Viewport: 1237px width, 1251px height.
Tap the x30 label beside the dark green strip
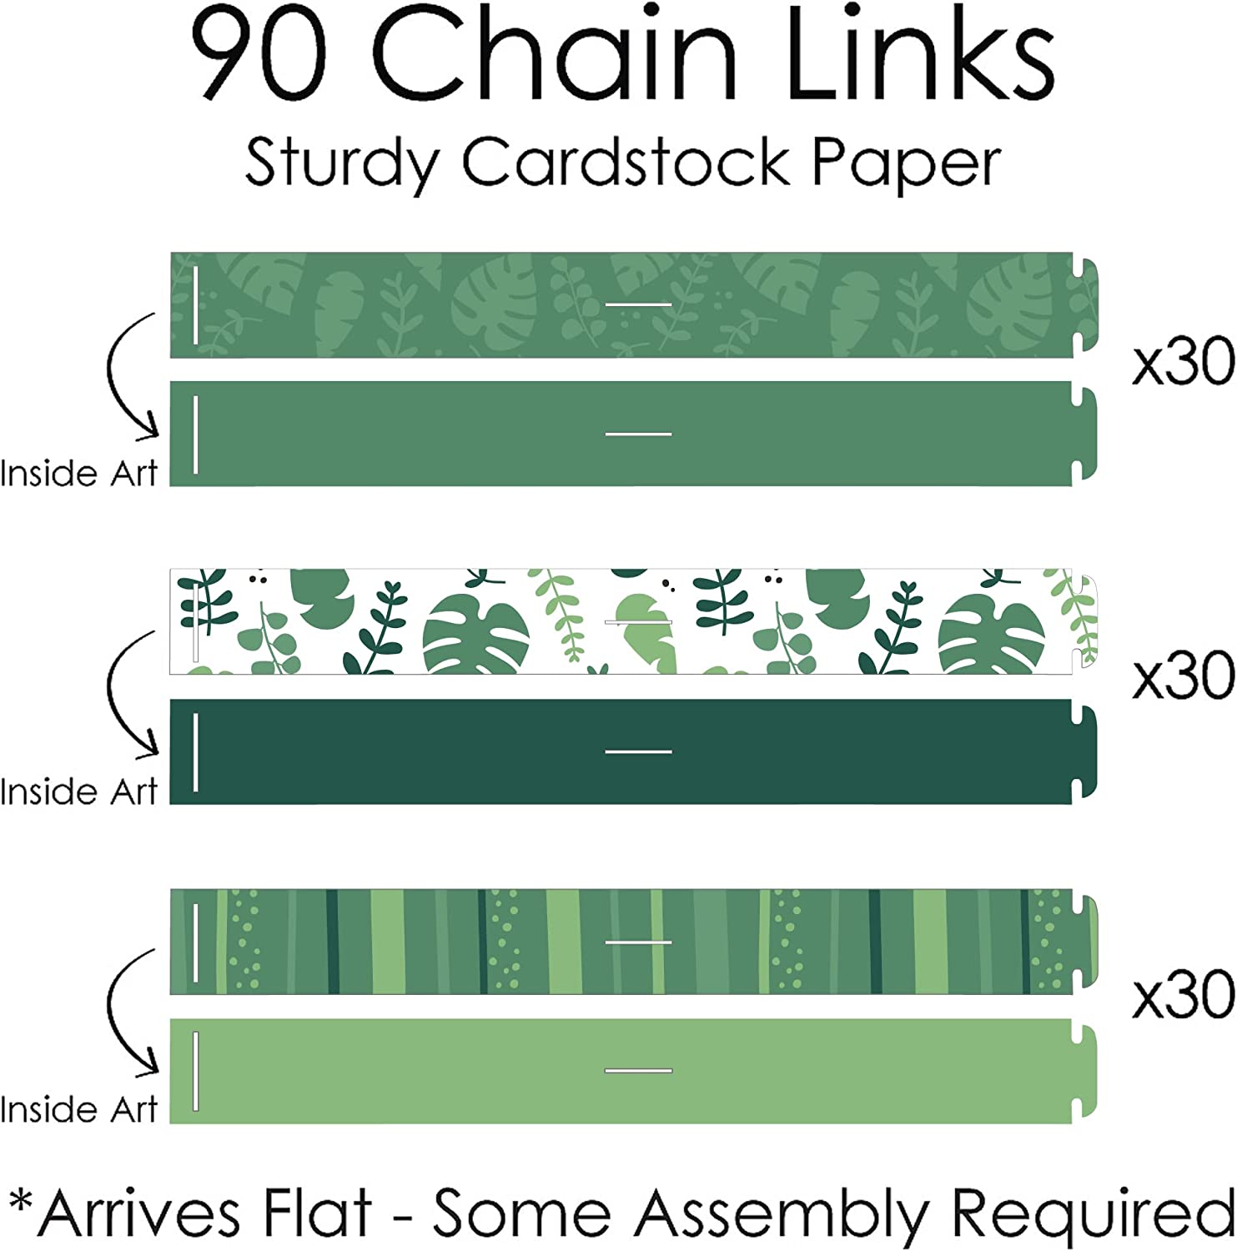click(1183, 676)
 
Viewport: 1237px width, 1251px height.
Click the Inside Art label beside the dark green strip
click(78, 791)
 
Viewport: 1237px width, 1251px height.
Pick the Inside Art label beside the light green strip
click(78, 1110)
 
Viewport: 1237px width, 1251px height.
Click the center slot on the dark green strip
click(638, 751)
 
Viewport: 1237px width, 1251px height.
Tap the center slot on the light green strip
click(638, 1070)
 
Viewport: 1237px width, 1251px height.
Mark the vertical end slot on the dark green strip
click(195, 751)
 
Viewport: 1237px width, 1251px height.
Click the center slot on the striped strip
click(638, 942)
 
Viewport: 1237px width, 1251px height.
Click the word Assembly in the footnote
click(781, 1213)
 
